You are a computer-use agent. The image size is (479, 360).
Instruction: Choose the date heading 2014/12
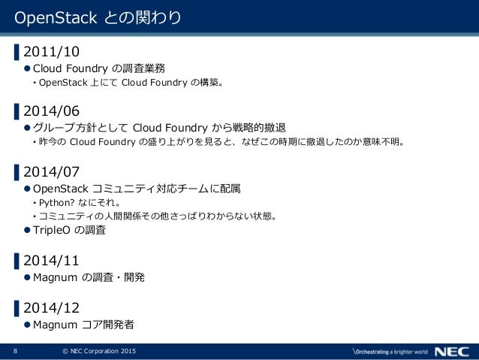[x=51, y=307]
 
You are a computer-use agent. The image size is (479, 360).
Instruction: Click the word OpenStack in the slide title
[x=48, y=17]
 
